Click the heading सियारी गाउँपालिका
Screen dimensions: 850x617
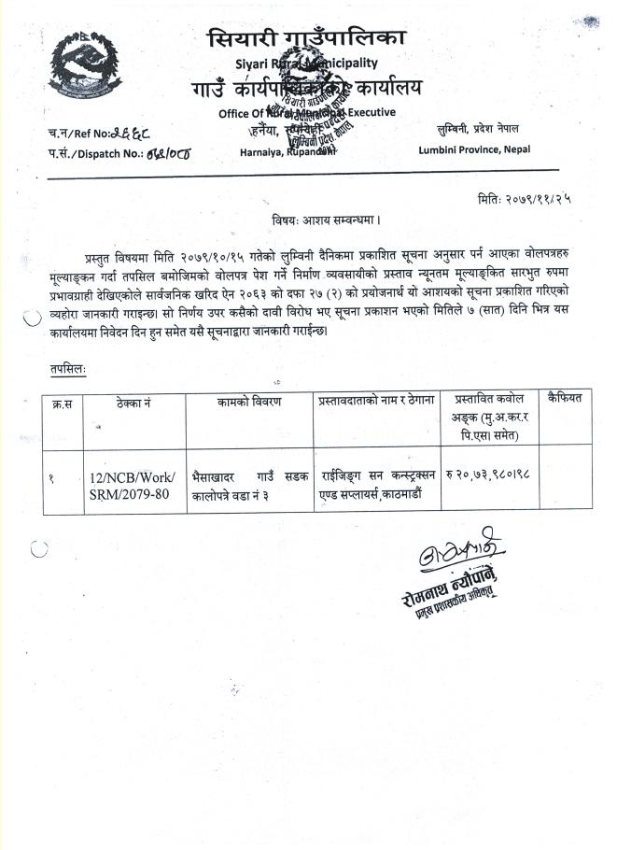pyautogui.click(x=307, y=39)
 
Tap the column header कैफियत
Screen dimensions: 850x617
pyautogui.click(x=566, y=399)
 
